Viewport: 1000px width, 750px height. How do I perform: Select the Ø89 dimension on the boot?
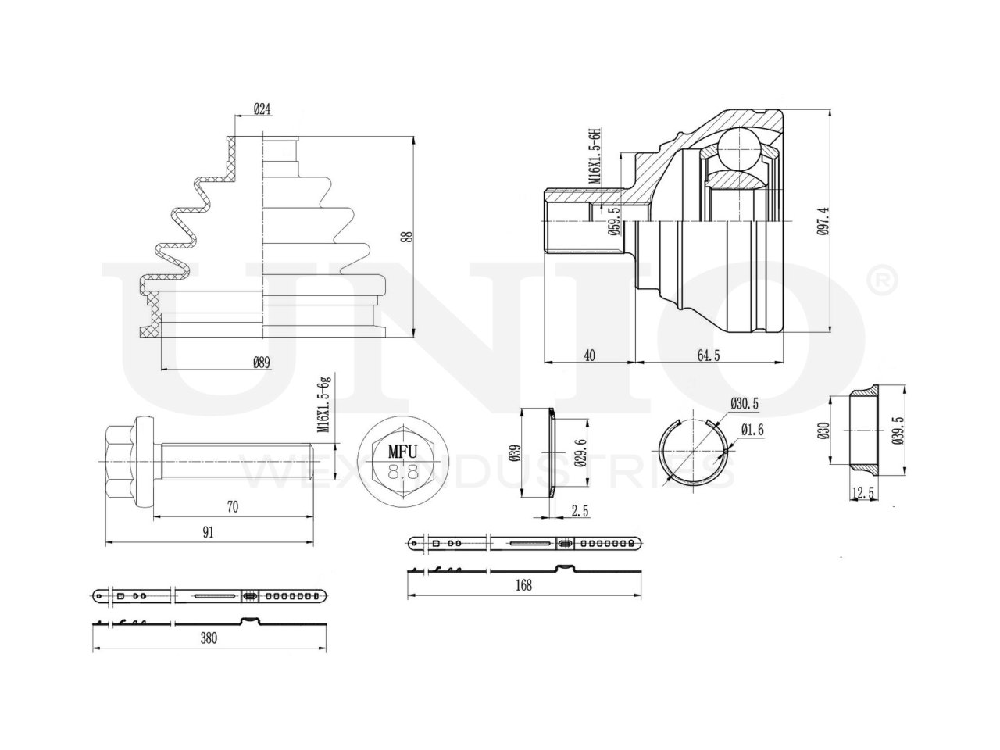click(x=262, y=362)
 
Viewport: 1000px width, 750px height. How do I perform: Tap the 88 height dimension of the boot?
click(x=406, y=237)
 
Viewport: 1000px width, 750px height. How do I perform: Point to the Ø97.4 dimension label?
click(x=822, y=220)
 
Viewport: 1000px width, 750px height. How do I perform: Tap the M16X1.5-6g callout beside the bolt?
click(x=323, y=405)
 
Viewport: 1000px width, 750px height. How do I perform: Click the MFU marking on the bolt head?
click(x=403, y=451)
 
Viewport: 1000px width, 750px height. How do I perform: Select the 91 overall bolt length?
click(x=209, y=533)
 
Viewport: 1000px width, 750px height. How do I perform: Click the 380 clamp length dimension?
click(x=209, y=638)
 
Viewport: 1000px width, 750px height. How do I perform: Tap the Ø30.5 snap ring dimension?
click(x=745, y=403)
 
